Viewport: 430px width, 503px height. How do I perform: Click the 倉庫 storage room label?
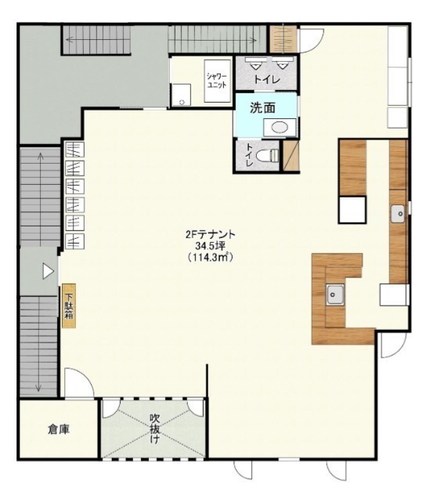(x=59, y=429)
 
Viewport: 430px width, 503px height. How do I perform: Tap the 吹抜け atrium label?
(x=155, y=429)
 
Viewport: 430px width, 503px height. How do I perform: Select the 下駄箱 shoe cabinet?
(x=69, y=306)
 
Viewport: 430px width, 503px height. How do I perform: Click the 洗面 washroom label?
(x=262, y=108)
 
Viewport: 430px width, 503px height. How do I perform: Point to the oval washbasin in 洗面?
(x=280, y=128)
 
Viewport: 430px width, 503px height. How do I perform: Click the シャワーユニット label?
(x=217, y=81)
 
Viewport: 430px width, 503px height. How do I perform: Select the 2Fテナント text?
(x=211, y=234)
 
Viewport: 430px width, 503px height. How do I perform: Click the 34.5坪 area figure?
(x=211, y=246)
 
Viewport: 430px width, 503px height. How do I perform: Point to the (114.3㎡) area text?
(x=211, y=257)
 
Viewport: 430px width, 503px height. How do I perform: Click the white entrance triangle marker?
(x=48, y=271)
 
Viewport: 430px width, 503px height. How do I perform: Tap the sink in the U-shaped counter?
(x=335, y=295)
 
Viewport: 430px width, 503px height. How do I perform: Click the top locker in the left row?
(x=74, y=150)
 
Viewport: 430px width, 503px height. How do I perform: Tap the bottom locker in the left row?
(x=74, y=241)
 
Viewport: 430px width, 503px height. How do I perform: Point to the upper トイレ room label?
(x=267, y=79)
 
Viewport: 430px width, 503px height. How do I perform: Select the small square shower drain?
(x=182, y=103)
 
